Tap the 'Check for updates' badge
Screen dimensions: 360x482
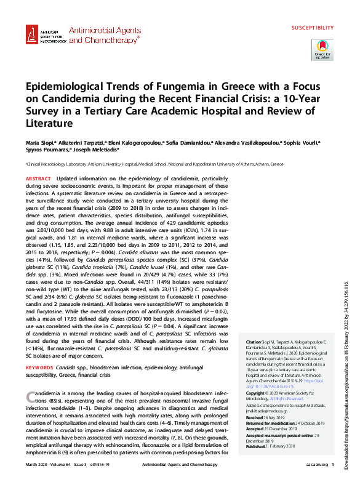322,48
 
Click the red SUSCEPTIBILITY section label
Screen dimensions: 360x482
312,28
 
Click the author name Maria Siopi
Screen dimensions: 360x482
39,142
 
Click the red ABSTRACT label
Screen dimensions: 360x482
38,179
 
